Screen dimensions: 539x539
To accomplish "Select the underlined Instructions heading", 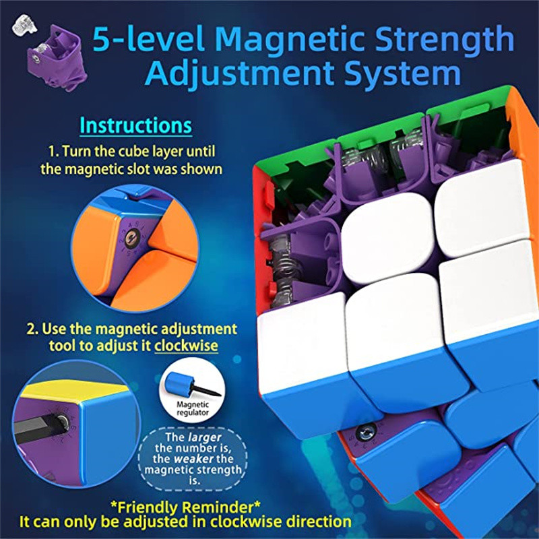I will (x=135, y=125).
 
